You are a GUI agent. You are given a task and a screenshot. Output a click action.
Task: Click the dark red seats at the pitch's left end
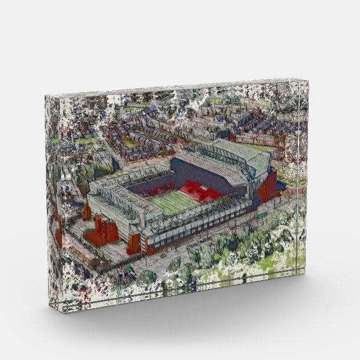click(x=151, y=192)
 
